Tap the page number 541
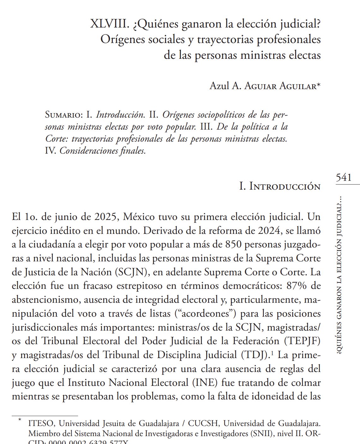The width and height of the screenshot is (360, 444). tap(344, 177)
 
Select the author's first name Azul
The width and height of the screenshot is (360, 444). tap(219, 86)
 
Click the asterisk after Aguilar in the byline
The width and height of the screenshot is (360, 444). tap(318, 85)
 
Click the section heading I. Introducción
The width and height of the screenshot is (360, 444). tap(280, 186)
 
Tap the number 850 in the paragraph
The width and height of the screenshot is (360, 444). tap(236, 245)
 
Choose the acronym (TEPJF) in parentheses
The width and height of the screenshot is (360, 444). tap(302, 341)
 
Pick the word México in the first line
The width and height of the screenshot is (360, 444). tap(139, 217)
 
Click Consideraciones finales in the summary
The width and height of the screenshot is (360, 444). tap(103, 151)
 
